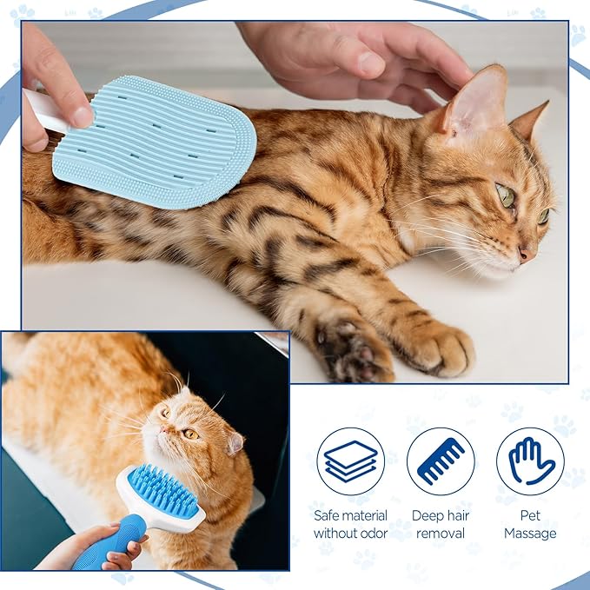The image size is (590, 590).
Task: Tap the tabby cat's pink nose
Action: [525, 254]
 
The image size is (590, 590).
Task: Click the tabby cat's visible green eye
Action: [506, 196]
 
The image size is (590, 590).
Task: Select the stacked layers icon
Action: [350, 461]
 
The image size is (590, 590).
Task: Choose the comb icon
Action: [441, 461]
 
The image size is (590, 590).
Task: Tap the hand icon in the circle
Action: [530, 461]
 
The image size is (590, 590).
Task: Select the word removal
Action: [441, 533]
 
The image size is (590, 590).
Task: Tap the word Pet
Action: [530, 515]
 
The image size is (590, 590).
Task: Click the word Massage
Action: [530, 533]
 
